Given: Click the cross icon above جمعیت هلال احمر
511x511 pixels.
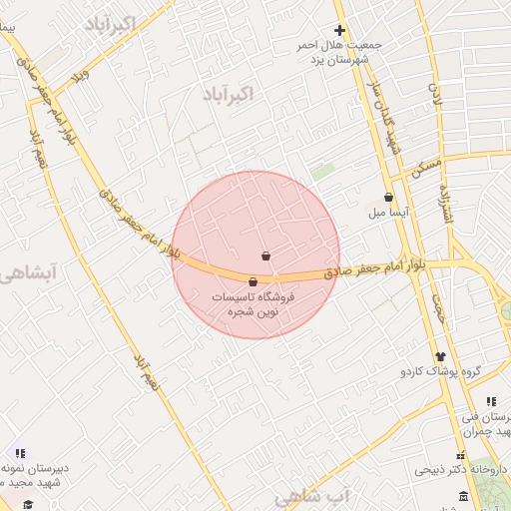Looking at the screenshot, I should [x=339, y=31].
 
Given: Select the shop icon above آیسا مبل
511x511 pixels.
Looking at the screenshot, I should [x=388, y=198].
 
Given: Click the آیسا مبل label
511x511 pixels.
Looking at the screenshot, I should [x=383, y=214].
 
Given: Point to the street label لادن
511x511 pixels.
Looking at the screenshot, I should [x=435, y=96].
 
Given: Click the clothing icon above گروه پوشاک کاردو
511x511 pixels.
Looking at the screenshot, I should [x=440, y=356].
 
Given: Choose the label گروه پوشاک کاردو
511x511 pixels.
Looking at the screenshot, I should [x=441, y=372].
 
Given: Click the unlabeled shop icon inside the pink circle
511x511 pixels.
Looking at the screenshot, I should [x=265, y=256].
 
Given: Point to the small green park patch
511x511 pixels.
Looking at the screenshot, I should [x=321, y=172].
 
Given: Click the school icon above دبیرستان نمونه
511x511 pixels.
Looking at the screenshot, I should [x=20, y=453].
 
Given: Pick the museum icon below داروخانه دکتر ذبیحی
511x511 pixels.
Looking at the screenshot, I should [x=463, y=497].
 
